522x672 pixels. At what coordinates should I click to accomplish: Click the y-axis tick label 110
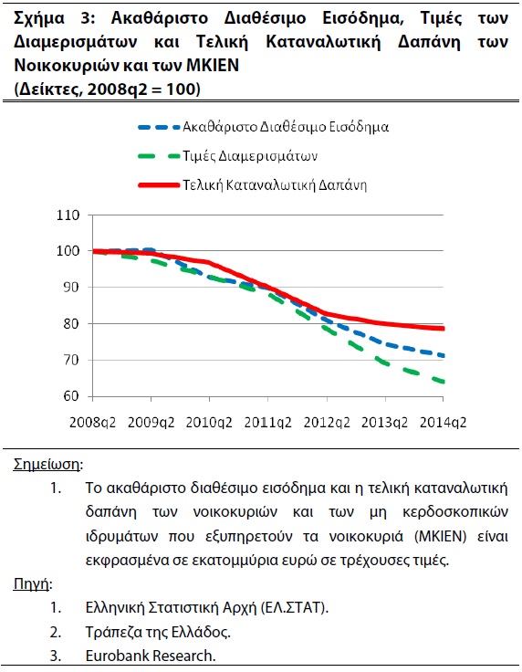click(x=68, y=215)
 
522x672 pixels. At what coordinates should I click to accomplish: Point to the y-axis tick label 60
click(x=70, y=396)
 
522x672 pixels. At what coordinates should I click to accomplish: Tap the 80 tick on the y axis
click(x=70, y=323)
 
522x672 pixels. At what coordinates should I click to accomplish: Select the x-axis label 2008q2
click(x=92, y=423)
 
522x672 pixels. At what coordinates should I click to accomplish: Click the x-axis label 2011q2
click(x=267, y=423)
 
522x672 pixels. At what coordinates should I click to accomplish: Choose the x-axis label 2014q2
click(x=443, y=423)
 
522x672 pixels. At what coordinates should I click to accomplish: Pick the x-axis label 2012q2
click(x=327, y=423)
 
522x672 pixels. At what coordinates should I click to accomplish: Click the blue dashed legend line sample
click(x=159, y=127)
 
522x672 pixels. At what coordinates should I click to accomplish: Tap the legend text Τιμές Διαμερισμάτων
click(x=250, y=155)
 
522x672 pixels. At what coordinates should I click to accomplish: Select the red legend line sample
click(x=159, y=185)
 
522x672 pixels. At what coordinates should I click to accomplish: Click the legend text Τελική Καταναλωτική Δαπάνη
click(x=275, y=184)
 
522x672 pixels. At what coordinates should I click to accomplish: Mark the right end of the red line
click(x=444, y=329)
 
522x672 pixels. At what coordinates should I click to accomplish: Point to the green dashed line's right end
click(x=444, y=382)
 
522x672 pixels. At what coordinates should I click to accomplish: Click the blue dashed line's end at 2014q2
click(x=444, y=356)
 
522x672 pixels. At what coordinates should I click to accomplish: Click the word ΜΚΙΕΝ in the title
click(x=213, y=66)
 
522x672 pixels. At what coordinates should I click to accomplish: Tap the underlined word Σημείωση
click(x=47, y=464)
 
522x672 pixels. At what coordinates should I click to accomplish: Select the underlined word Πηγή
click(x=31, y=583)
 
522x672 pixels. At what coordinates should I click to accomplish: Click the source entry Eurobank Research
click(x=151, y=656)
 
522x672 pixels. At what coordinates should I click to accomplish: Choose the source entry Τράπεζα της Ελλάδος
click(x=158, y=632)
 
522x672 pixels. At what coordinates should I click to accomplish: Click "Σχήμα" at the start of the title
click(x=39, y=19)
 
